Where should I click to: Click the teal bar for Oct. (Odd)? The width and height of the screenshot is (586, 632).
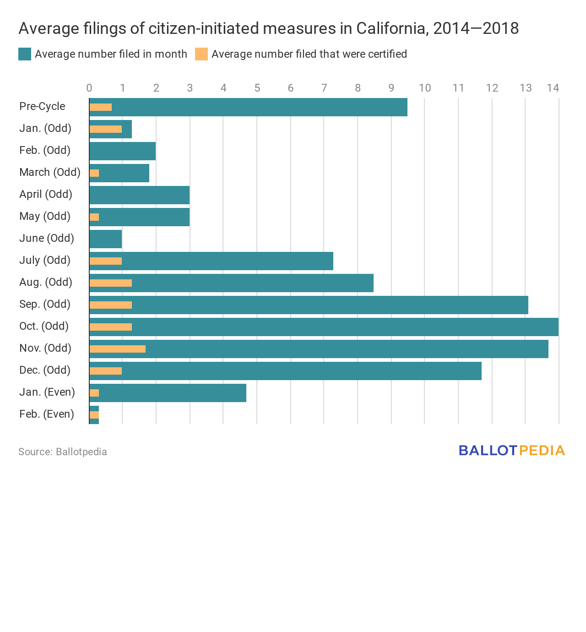click(x=343, y=327)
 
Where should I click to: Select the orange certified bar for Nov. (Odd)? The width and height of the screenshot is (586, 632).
click(x=118, y=349)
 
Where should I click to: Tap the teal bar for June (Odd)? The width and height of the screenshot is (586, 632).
click(x=106, y=239)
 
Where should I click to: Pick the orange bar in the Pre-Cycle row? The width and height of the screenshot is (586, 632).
click(x=101, y=107)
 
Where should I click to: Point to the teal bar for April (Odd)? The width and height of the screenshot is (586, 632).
click(x=140, y=195)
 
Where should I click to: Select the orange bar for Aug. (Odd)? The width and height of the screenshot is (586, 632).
click(x=111, y=283)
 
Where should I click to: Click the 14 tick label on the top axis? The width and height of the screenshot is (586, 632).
click(x=553, y=88)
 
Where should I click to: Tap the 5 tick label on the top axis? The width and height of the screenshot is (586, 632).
click(x=257, y=88)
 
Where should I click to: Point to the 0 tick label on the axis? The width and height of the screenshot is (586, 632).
click(x=89, y=88)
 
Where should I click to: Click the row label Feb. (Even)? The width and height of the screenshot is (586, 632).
click(x=47, y=414)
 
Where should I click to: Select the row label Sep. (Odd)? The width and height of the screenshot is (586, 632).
click(x=45, y=304)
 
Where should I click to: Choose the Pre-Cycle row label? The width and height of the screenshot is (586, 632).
click(x=42, y=106)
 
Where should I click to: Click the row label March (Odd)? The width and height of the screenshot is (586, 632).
click(x=50, y=172)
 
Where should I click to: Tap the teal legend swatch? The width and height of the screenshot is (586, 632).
click(x=25, y=54)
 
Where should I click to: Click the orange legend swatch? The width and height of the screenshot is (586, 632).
click(x=201, y=54)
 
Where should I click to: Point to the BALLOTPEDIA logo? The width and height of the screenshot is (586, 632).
click(x=512, y=451)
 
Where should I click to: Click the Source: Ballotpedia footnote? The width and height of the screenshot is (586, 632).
click(x=63, y=452)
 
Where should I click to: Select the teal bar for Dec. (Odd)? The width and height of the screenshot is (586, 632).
click(x=302, y=371)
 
